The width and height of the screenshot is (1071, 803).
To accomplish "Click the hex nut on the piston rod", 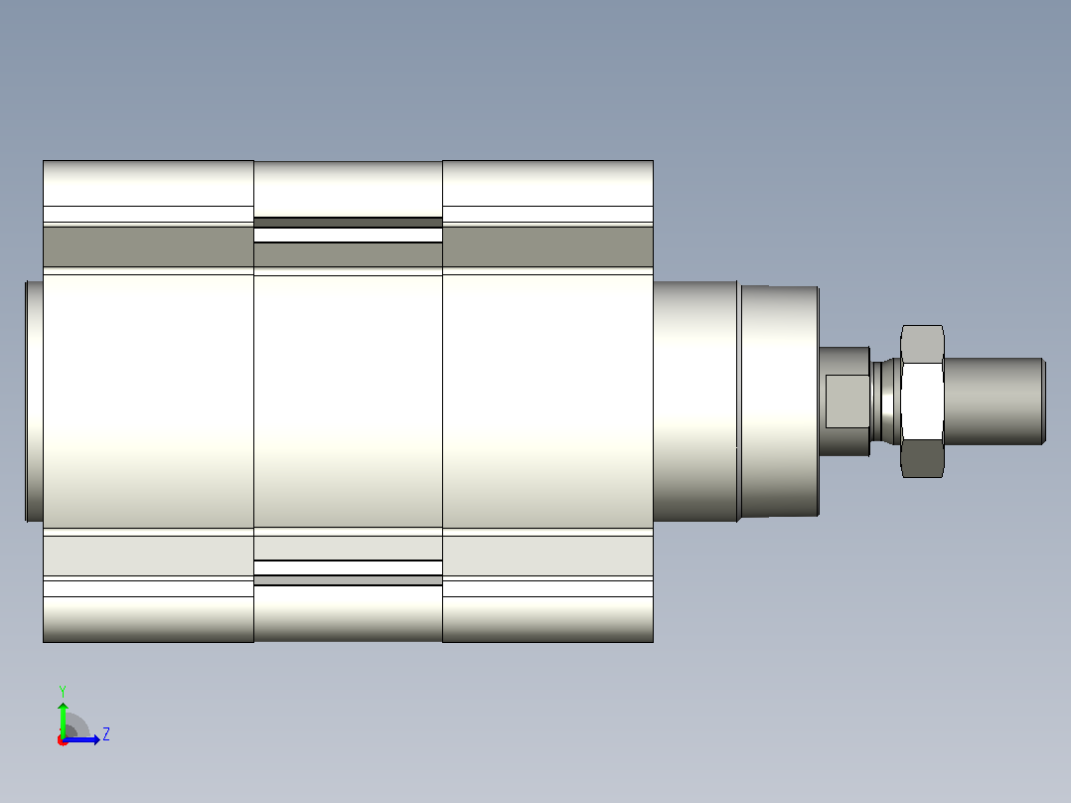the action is [923, 401].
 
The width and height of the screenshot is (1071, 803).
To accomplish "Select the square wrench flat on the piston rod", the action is [847, 401].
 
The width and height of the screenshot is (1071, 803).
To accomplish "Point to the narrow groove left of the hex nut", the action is [886, 401].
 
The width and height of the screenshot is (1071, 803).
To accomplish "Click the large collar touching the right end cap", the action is [695, 401].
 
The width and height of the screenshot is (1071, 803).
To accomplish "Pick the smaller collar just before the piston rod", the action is [780, 401].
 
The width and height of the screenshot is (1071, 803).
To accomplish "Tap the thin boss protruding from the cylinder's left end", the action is [34, 401].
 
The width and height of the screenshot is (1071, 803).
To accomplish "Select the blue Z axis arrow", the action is [81, 739].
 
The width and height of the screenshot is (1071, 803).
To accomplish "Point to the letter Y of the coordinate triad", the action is [63, 691].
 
